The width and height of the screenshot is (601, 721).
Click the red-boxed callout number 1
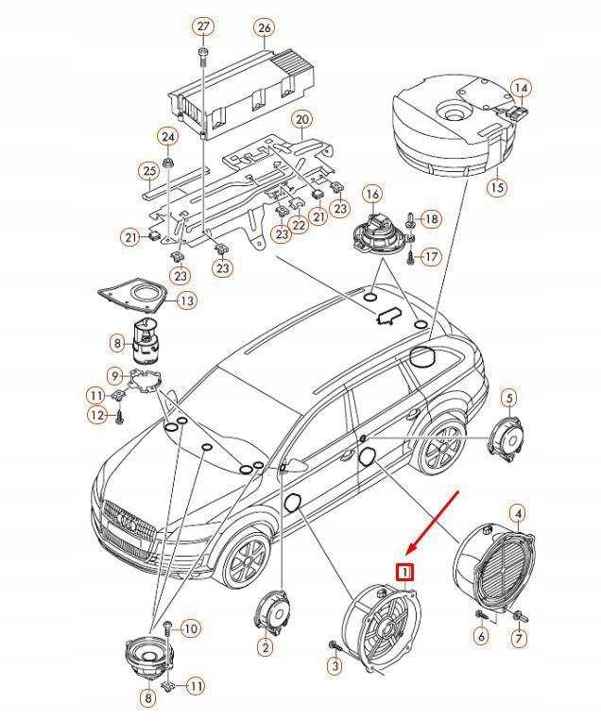tap(404, 572)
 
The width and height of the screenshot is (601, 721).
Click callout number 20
tap(302, 120)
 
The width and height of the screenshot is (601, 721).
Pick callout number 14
tap(521, 89)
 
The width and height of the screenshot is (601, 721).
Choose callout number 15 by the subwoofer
tap(497, 187)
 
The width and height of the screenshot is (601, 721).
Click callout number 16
tap(372, 195)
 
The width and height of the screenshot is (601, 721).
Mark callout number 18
tap(431, 219)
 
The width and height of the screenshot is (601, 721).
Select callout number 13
tap(186, 300)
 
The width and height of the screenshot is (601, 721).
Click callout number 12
tap(97, 415)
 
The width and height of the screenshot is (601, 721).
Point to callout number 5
tap(508, 398)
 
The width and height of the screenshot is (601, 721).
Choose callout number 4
tap(517, 514)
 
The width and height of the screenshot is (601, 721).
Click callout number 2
tap(265, 647)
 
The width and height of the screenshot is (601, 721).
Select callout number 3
tap(335, 666)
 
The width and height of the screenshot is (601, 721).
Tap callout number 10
tap(190, 628)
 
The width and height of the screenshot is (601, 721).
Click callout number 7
tap(519, 640)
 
